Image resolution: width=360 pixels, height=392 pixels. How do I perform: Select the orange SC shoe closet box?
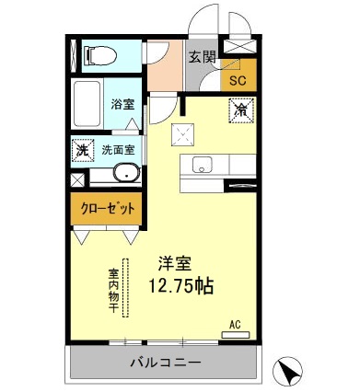click(x=238, y=79)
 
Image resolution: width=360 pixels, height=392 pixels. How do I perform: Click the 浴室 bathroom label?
click(x=122, y=105)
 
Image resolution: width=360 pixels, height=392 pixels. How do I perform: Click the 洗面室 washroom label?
click(x=118, y=150)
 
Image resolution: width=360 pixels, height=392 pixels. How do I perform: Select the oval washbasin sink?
click(x=125, y=173)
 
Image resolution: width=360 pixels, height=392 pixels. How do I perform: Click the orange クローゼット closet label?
click(x=105, y=209)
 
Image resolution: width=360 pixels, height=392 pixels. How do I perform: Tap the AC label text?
click(x=236, y=325)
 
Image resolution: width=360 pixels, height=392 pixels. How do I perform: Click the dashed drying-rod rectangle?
click(x=129, y=289)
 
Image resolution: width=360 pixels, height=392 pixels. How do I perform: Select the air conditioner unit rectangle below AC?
click(x=238, y=336)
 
